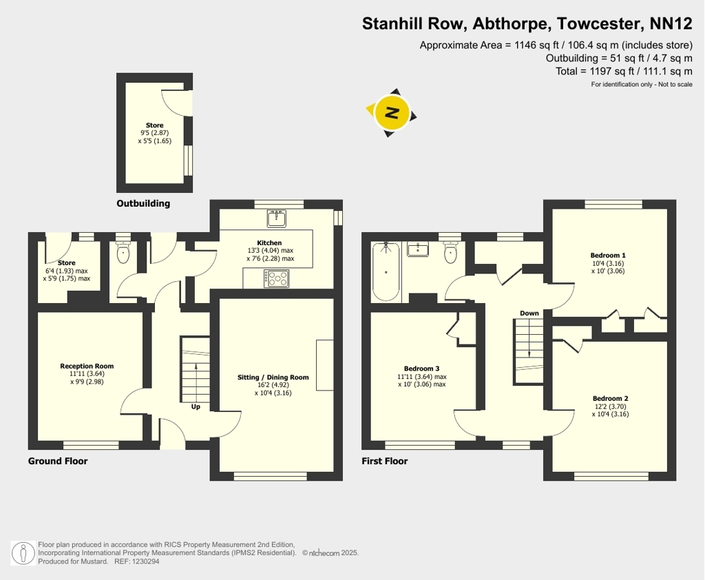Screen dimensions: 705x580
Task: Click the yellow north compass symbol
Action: click(x=392, y=112)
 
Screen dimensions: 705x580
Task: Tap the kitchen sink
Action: click(x=276, y=218)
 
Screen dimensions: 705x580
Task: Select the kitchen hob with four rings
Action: click(x=277, y=278)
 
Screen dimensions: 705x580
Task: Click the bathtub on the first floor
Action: click(x=386, y=272)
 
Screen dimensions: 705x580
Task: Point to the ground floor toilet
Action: click(x=123, y=252)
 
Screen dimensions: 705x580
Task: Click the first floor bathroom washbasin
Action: click(x=418, y=249)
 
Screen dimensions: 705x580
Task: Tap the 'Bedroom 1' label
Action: click(x=608, y=256)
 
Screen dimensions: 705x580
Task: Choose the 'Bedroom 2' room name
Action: click(x=610, y=399)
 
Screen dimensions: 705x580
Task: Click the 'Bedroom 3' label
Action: click(x=422, y=369)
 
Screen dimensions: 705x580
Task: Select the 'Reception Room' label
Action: click(x=87, y=366)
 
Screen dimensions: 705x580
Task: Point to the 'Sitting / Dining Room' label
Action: click(x=273, y=377)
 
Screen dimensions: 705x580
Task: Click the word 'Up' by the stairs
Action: click(x=196, y=407)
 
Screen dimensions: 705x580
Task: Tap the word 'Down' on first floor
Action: click(x=529, y=313)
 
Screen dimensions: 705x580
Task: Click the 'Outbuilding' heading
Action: click(x=143, y=203)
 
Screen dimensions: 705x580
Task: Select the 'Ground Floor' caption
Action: click(x=58, y=461)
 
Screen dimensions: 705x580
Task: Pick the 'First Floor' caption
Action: click(x=384, y=461)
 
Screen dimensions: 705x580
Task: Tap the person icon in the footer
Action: click(x=23, y=553)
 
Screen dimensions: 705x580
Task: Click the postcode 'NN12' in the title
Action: click(x=671, y=23)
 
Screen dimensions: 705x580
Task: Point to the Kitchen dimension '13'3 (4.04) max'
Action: click(x=270, y=251)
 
